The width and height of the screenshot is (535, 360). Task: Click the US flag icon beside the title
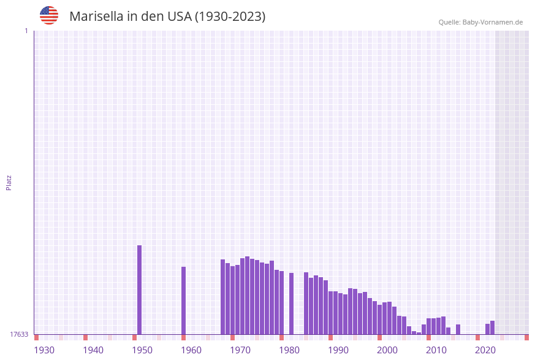coord(49,15)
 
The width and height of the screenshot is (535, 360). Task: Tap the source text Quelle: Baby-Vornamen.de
coord(480,22)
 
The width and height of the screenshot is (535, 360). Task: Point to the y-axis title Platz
coord(9,182)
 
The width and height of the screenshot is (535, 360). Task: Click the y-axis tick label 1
coord(26,31)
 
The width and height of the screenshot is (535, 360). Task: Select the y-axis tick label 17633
coord(19,334)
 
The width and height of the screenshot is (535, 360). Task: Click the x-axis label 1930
coord(44,350)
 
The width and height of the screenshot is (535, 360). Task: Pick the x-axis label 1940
coord(93,350)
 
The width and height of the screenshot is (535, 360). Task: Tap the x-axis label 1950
coord(142,350)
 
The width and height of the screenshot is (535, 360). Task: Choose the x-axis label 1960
coord(191,350)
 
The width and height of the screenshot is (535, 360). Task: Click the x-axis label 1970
coord(240,350)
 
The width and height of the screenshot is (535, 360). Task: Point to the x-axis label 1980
coord(289,350)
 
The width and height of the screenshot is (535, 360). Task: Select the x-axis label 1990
coord(338,350)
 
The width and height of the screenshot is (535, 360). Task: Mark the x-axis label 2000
coord(387,350)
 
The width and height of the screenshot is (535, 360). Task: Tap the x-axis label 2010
coord(436,350)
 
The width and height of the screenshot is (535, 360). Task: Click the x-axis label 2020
coord(485,350)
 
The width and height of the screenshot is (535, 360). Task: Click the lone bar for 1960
coord(183,301)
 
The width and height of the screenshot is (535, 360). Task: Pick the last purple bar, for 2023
coord(492,327)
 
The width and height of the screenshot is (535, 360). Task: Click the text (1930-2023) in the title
coord(230,17)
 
